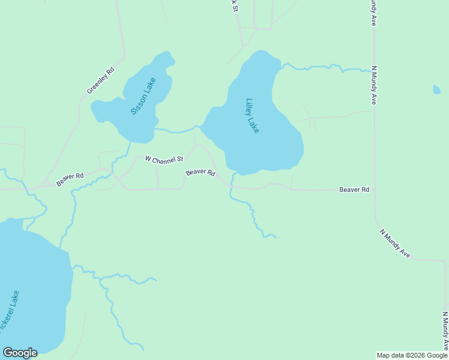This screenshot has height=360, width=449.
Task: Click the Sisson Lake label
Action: [x=143, y=96]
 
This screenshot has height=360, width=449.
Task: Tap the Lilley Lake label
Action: [x=253, y=115]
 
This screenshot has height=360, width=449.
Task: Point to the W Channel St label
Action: [x=164, y=160]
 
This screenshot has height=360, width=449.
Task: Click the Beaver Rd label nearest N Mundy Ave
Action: [x=354, y=190]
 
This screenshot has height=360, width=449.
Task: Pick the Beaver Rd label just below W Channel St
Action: [x=200, y=172]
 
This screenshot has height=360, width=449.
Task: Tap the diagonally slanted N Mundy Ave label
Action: [x=394, y=243]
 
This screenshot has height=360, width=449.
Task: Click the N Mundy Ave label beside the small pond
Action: [x=373, y=85]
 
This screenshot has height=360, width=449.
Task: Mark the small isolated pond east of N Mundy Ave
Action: [x=436, y=90]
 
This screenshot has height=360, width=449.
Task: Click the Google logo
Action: [x=20, y=353]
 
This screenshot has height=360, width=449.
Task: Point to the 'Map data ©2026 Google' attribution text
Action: [x=412, y=355]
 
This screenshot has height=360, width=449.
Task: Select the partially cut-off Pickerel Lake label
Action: [x=10, y=312]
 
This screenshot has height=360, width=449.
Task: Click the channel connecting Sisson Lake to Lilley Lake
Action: [x=178, y=130]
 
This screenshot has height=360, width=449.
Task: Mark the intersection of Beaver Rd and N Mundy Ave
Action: [x=374, y=190]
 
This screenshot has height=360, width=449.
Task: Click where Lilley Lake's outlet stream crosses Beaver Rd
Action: [x=231, y=187]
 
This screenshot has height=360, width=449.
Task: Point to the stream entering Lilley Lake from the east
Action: [x=318, y=67]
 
